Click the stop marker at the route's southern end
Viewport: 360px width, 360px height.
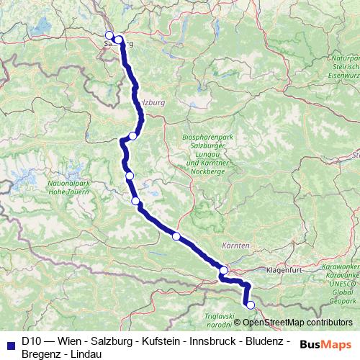pos(251,305)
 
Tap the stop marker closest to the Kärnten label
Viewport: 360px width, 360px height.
pos(224,271)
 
